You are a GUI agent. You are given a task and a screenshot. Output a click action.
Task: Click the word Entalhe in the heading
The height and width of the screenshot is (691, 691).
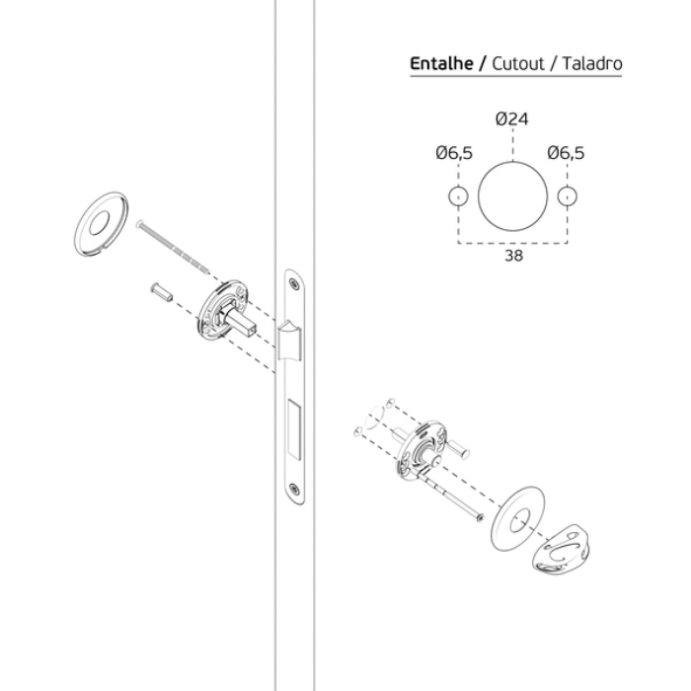pyautogui.click(x=441, y=63)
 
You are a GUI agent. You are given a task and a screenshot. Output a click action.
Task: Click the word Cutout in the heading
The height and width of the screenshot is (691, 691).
pyautogui.click(x=518, y=63)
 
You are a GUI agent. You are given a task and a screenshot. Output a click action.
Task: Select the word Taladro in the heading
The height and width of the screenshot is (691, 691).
pyautogui.click(x=592, y=63)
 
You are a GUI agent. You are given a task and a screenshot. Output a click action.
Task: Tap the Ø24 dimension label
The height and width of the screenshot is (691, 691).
pyautogui.click(x=511, y=118)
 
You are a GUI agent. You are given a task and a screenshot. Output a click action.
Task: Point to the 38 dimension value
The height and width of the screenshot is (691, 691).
pyautogui.click(x=514, y=256)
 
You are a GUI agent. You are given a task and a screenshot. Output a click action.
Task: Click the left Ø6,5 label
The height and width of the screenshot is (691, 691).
pyautogui.click(x=454, y=153)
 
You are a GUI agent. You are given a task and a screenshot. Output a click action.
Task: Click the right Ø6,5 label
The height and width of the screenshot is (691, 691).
pyautogui.click(x=566, y=153)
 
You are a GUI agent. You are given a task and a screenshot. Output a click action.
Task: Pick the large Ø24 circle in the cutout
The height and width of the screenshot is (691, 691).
pyautogui.click(x=512, y=162)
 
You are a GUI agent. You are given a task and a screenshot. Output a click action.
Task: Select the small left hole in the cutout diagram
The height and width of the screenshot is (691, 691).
pyautogui.click(x=458, y=187)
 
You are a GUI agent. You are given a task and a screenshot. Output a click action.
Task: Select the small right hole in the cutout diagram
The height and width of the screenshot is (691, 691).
pyautogui.click(x=568, y=187)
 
